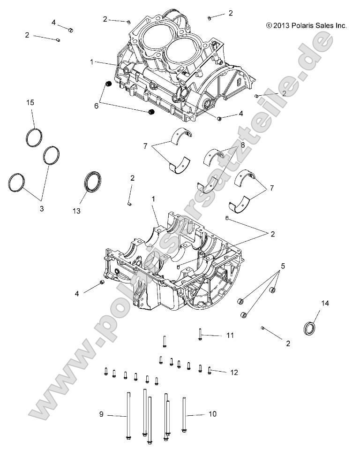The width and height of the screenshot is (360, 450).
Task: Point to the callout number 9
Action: (x=101, y=414)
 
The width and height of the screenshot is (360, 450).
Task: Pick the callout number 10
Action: (x=212, y=414)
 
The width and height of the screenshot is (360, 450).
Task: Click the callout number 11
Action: (x=230, y=336)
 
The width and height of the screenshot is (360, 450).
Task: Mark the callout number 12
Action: (x=234, y=372)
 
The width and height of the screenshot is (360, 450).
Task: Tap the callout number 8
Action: (x=243, y=146)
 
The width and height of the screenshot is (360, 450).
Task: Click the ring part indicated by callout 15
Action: (x=34, y=137)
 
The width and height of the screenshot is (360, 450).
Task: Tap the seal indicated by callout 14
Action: (x=310, y=328)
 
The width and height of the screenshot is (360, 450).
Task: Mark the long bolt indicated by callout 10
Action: (x=184, y=417)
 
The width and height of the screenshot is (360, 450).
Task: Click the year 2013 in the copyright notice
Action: (x=280, y=26)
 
